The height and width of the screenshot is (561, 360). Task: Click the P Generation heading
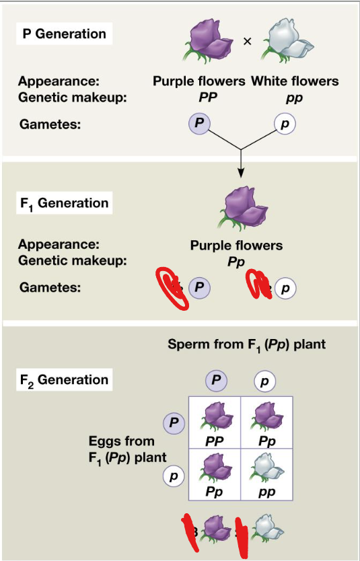(x=65, y=34)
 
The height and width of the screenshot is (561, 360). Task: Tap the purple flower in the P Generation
(x=209, y=41)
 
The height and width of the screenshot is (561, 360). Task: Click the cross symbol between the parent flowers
(x=247, y=41)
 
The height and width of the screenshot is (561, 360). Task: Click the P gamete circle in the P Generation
(x=199, y=124)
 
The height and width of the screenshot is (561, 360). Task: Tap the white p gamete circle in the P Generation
(x=285, y=124)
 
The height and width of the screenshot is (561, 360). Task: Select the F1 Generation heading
(x=63, y=203)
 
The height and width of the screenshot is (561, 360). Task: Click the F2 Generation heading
(x=63, y=380)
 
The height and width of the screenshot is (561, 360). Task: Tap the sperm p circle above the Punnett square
(x=264, y=381)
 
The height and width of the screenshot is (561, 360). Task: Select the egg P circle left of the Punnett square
(x=174, y=422)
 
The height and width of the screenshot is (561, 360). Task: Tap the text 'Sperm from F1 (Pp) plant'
(x=246, y=345)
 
